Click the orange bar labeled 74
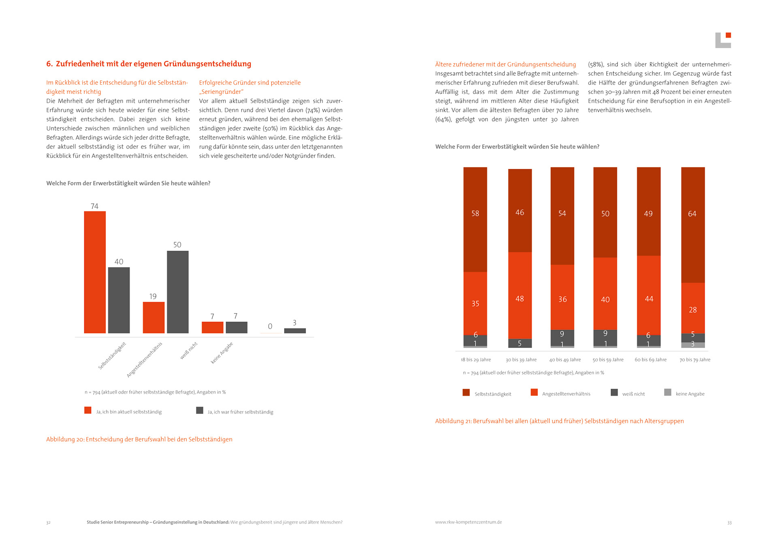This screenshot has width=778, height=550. point(95,272)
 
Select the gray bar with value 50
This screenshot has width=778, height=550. point(177,292)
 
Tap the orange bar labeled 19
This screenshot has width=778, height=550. point(154,318)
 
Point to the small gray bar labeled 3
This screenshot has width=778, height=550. point(295,331)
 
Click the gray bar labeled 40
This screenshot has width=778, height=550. point(119,300)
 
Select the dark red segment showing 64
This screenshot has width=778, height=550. point(693,225)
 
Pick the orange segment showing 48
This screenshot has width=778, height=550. point(520,295)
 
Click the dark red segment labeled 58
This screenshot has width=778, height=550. point(475,219)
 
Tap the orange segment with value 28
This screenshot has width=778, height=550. point(693,308)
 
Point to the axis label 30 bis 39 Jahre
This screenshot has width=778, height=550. point(521,360)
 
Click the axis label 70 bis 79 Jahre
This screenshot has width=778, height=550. point(695,360)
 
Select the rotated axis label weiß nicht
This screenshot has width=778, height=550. point(189,351)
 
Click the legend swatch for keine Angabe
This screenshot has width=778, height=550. point(668,392)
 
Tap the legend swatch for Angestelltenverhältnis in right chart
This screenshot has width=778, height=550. point(534,392)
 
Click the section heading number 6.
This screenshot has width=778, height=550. point(49,64)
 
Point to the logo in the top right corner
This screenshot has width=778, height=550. point(723,40)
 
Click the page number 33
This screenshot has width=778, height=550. point(729,523)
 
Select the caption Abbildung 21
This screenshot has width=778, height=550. point(559,421)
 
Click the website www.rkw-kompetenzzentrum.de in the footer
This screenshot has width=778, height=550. point(468,522)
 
